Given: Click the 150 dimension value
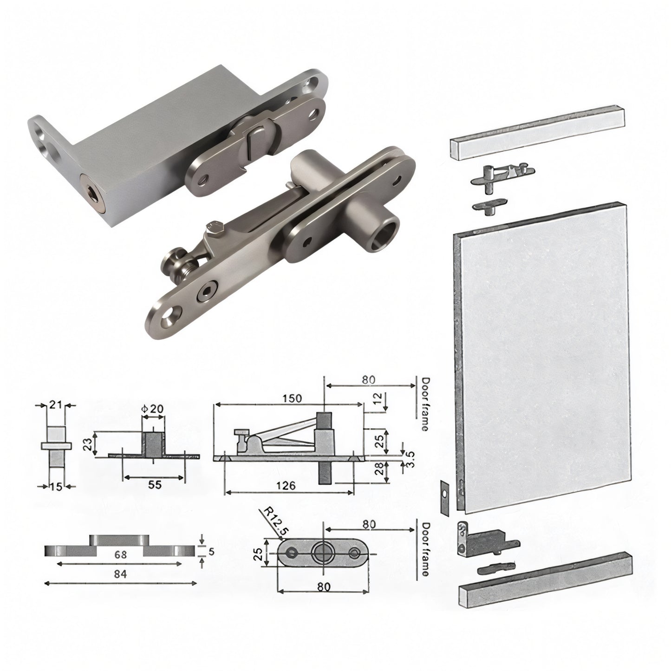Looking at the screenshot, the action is pos(292,398).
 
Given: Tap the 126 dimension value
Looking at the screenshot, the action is pos(286,486).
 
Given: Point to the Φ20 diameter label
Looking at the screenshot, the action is pos(152,409).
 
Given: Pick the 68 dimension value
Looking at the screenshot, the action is pos(120,554).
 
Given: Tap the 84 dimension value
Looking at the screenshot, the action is pos(120,574).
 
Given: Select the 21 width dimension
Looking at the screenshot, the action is pos(56,405).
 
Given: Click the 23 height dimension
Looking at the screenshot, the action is pos(88,444).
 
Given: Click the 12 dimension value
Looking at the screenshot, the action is pos(379,398).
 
